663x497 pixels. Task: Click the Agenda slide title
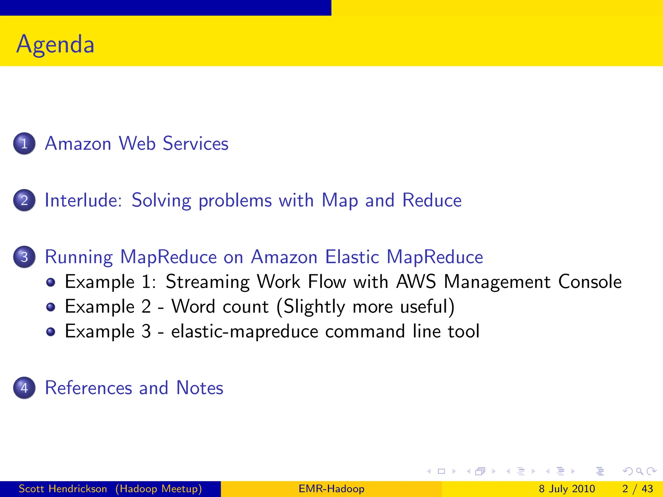[x=55, y=44]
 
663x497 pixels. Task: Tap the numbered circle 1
[x=24, y=143]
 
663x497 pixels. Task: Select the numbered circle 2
[x=24, y=200]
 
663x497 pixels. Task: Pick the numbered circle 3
[x=24, y=257]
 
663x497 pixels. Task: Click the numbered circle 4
[x=24, y=388]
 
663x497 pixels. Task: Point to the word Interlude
[x=83, y=200]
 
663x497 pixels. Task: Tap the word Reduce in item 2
[x=432, y=200]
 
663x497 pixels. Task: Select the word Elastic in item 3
[x=352, y=257]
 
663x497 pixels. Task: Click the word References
[x=88, y=388]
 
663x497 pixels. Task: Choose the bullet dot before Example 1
[x=51, y=282]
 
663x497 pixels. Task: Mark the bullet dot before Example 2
[x=51, y=307]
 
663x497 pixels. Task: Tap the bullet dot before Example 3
[x=51, y=332]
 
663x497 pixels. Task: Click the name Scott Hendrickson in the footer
[x=63, y=489]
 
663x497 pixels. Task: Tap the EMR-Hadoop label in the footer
[x=331, y=489]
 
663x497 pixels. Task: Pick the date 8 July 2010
[x=567, y=489]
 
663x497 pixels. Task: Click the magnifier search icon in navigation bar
[x=639, y=471]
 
